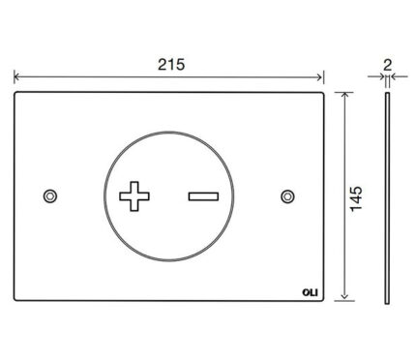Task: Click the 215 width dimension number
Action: [x=171, y=65]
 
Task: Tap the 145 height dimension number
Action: [x=357, y=198]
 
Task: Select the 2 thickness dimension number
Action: [x=387, y=66]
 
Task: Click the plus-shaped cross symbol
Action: [x=134, y=196]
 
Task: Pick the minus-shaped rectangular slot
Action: [x=203, y=196]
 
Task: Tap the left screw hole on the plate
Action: [x=50, y=196]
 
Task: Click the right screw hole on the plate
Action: [x=287, y=196]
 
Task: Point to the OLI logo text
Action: [x=310, y=292]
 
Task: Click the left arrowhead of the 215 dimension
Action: [x=16, y=77]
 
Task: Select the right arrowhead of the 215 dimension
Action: [x=319, y=77]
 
